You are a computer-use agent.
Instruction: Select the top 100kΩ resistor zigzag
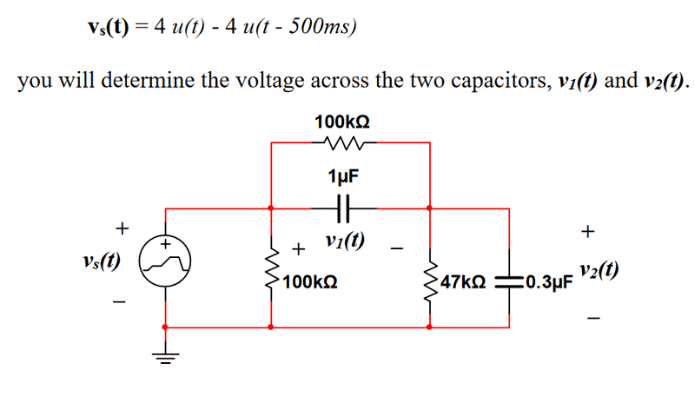coord(344,142)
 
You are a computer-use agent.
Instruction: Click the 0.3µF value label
coord(546,283)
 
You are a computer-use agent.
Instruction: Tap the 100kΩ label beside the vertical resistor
coord(310,282)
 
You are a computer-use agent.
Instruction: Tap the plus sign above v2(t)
coord(588,231)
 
